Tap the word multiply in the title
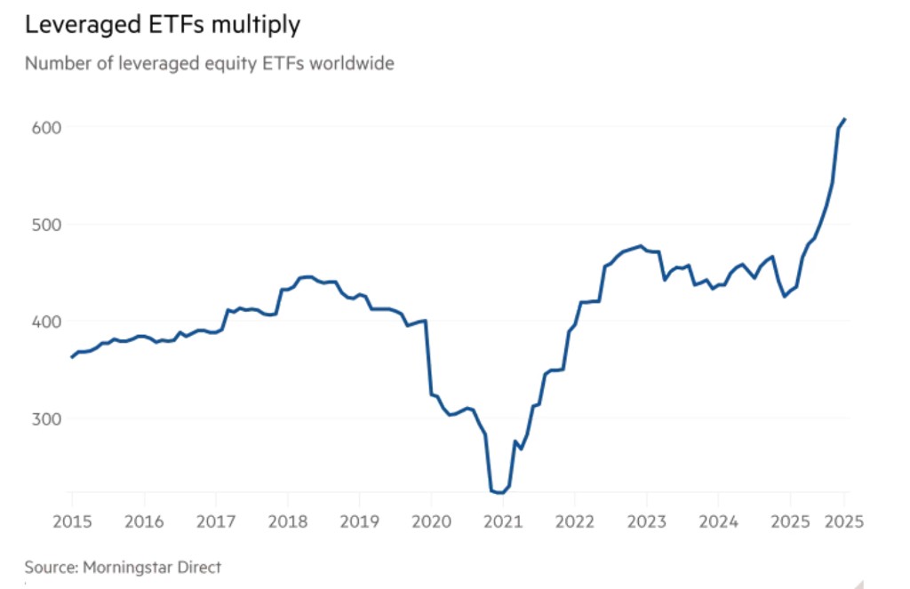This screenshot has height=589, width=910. [257, 26]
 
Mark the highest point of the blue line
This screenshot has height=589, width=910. [844, 119]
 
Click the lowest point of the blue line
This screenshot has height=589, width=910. [501, 492]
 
